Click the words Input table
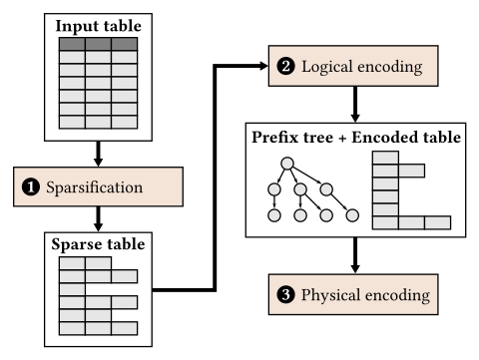[x=97, y=25]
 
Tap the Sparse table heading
[x=97, y=244]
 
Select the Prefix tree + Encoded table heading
[x=354, y=138]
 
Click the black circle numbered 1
[x=31, y=186]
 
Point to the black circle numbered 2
[x=285, y=67]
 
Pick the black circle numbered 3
[x=285, y=295]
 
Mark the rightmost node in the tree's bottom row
[x=351, y=215]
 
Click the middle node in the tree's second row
[x=299, y=188]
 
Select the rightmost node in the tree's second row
[x=325, y=188]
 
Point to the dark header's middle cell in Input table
[x=97, y=44]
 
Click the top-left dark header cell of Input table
[x=72, y=44]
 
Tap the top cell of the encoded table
[x=385, y=157]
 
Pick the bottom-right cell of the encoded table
[x=437, y=222]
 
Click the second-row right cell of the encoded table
[x=411, y=170]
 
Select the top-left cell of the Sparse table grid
[x=72, y=263]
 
